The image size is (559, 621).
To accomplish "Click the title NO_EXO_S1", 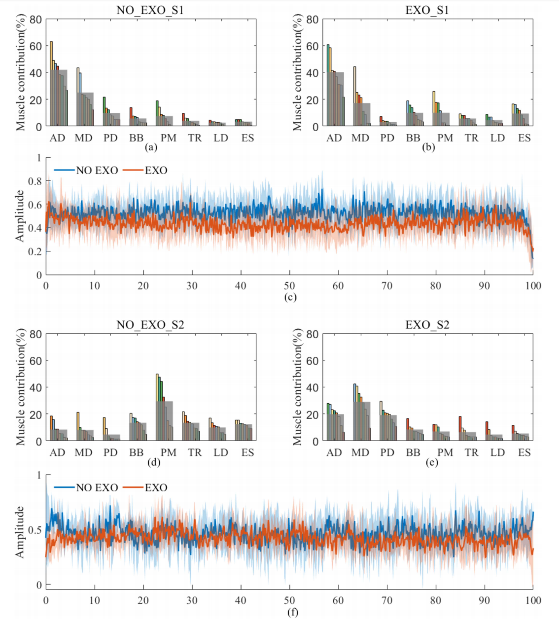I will click(x=150, y=10).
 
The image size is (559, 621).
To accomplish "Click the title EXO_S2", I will click(x=427, y=325).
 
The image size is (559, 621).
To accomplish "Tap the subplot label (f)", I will click(x=292, y=612).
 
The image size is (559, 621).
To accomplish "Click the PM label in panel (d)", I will click(x=168, y=452).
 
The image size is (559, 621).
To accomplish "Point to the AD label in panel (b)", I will click(x=334, y=138).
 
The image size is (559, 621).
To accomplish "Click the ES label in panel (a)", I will click(x=247, y=138).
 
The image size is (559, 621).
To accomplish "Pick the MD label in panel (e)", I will click(x=360, y=452).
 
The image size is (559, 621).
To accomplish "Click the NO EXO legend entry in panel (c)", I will click(x=97, y=171).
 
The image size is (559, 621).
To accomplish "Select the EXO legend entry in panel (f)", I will click(x=156, y=488).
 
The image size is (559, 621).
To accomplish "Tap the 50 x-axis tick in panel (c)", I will click(x=289, y=286).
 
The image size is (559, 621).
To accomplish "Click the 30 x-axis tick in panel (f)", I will click(x=192, y=600).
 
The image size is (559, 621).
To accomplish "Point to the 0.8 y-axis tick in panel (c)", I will click(x=35, y=181).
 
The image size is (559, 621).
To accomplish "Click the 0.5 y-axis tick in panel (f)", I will click(x=35, y=530).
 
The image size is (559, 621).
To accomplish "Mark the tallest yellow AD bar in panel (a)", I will click(x=51, y=84).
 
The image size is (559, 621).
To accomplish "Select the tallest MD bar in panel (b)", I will click(x=354, y=96).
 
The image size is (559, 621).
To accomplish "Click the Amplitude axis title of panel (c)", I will click(x=20, y=216).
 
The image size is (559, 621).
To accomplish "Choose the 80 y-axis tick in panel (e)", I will click(x=313, y=334).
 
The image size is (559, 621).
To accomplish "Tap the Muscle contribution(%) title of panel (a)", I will click(x=20, y=73).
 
